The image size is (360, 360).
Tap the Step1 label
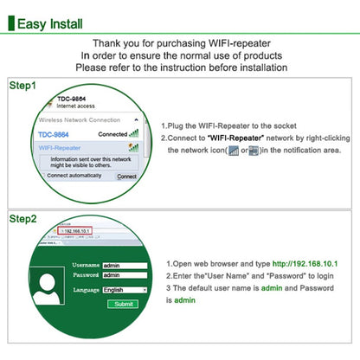(x=23, y=86)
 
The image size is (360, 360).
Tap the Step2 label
(x=23, y=219)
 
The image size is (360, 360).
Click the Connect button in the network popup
(x=127, y=176)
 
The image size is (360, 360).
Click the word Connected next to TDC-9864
(x=112, y=135)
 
